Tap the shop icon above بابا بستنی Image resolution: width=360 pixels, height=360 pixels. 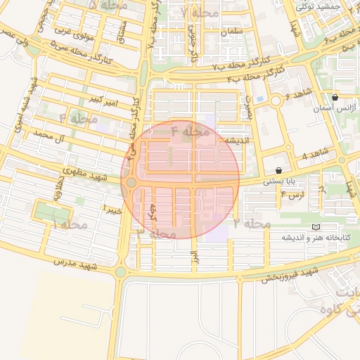pyautogui.click(x=279, y=170)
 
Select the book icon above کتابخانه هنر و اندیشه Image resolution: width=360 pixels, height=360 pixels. pyautogui.click(x=316, y=226)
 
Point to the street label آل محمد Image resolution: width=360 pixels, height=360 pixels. pyautogui.click(x=53, y=134)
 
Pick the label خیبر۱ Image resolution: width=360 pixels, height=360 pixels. pyautogui.click(x=114, y=210)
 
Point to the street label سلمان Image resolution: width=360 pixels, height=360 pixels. pyautogui.click(x=231, y=32)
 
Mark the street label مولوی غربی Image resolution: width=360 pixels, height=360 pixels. pyautogui.click(x=71, y=30)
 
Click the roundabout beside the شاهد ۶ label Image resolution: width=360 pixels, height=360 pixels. pyautogui.click(x=276, y=101)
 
